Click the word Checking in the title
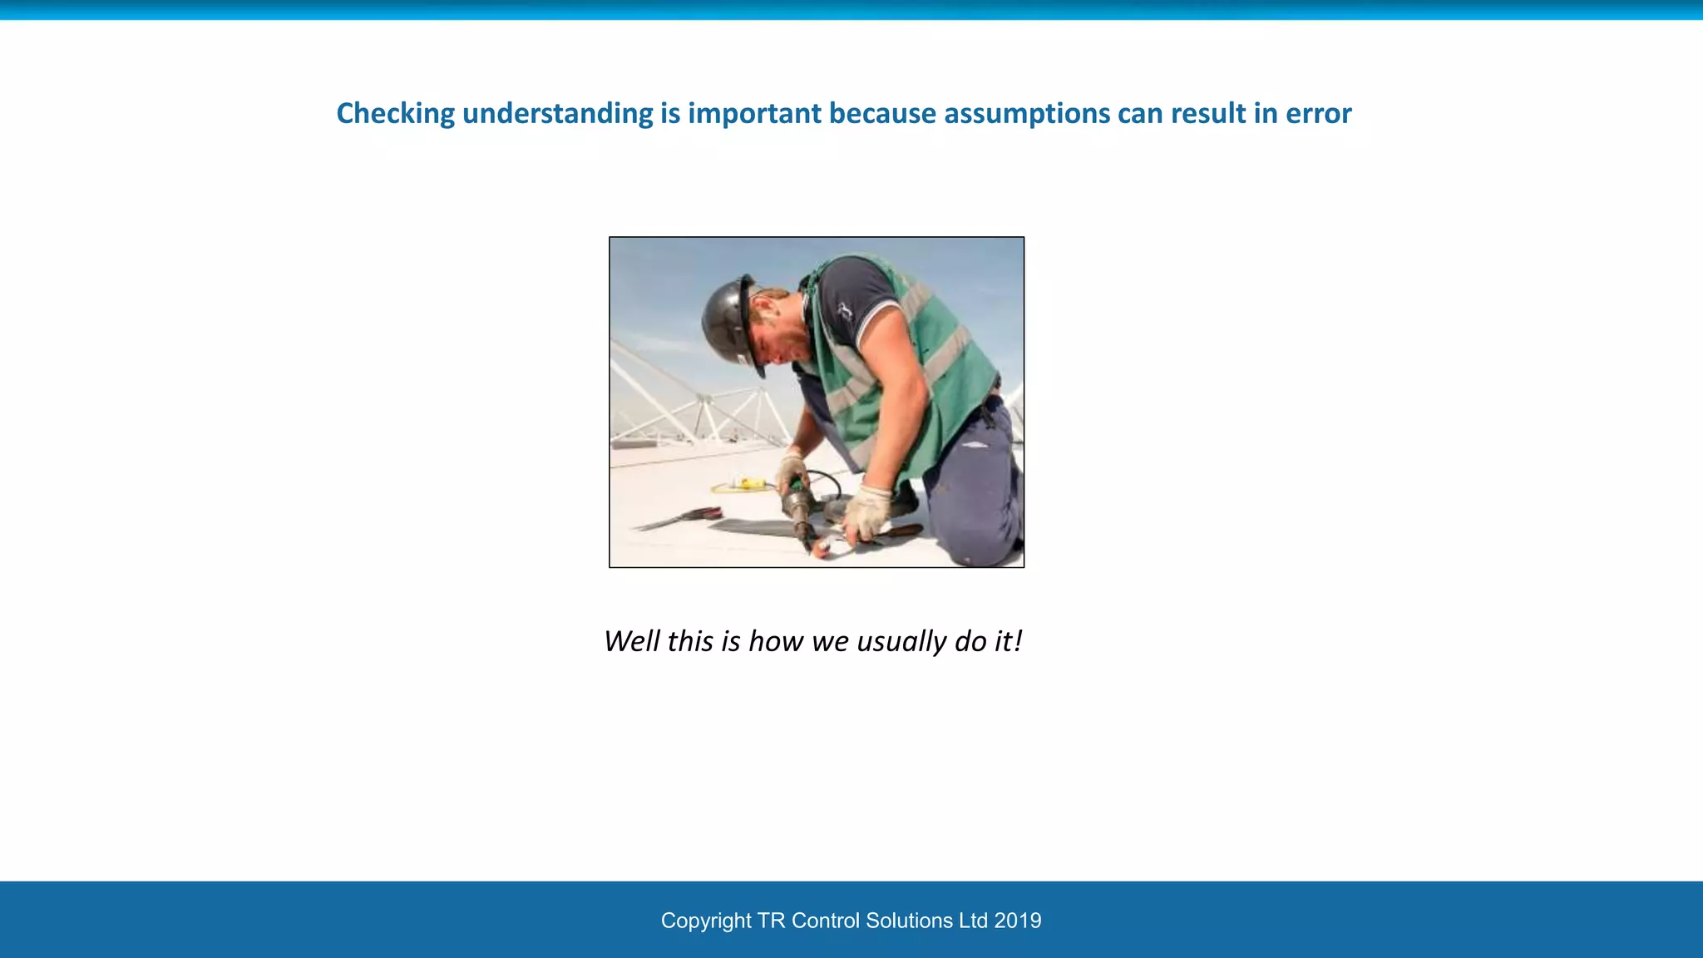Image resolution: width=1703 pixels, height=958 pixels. coord(395,114)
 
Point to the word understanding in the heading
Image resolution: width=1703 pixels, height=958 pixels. coord(557,114)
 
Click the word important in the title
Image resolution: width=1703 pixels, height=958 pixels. coord(754,114)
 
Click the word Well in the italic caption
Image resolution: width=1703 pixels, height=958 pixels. coord(631,641)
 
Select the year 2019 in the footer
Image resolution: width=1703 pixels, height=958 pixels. coord(1017,921)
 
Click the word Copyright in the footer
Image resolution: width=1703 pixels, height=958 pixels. coord(706,921)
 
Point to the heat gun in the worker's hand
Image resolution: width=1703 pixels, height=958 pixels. coord(798,507)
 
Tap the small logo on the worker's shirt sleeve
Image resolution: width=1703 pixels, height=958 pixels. coord(845,313)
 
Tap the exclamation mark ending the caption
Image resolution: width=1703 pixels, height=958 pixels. coord(1018,641)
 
